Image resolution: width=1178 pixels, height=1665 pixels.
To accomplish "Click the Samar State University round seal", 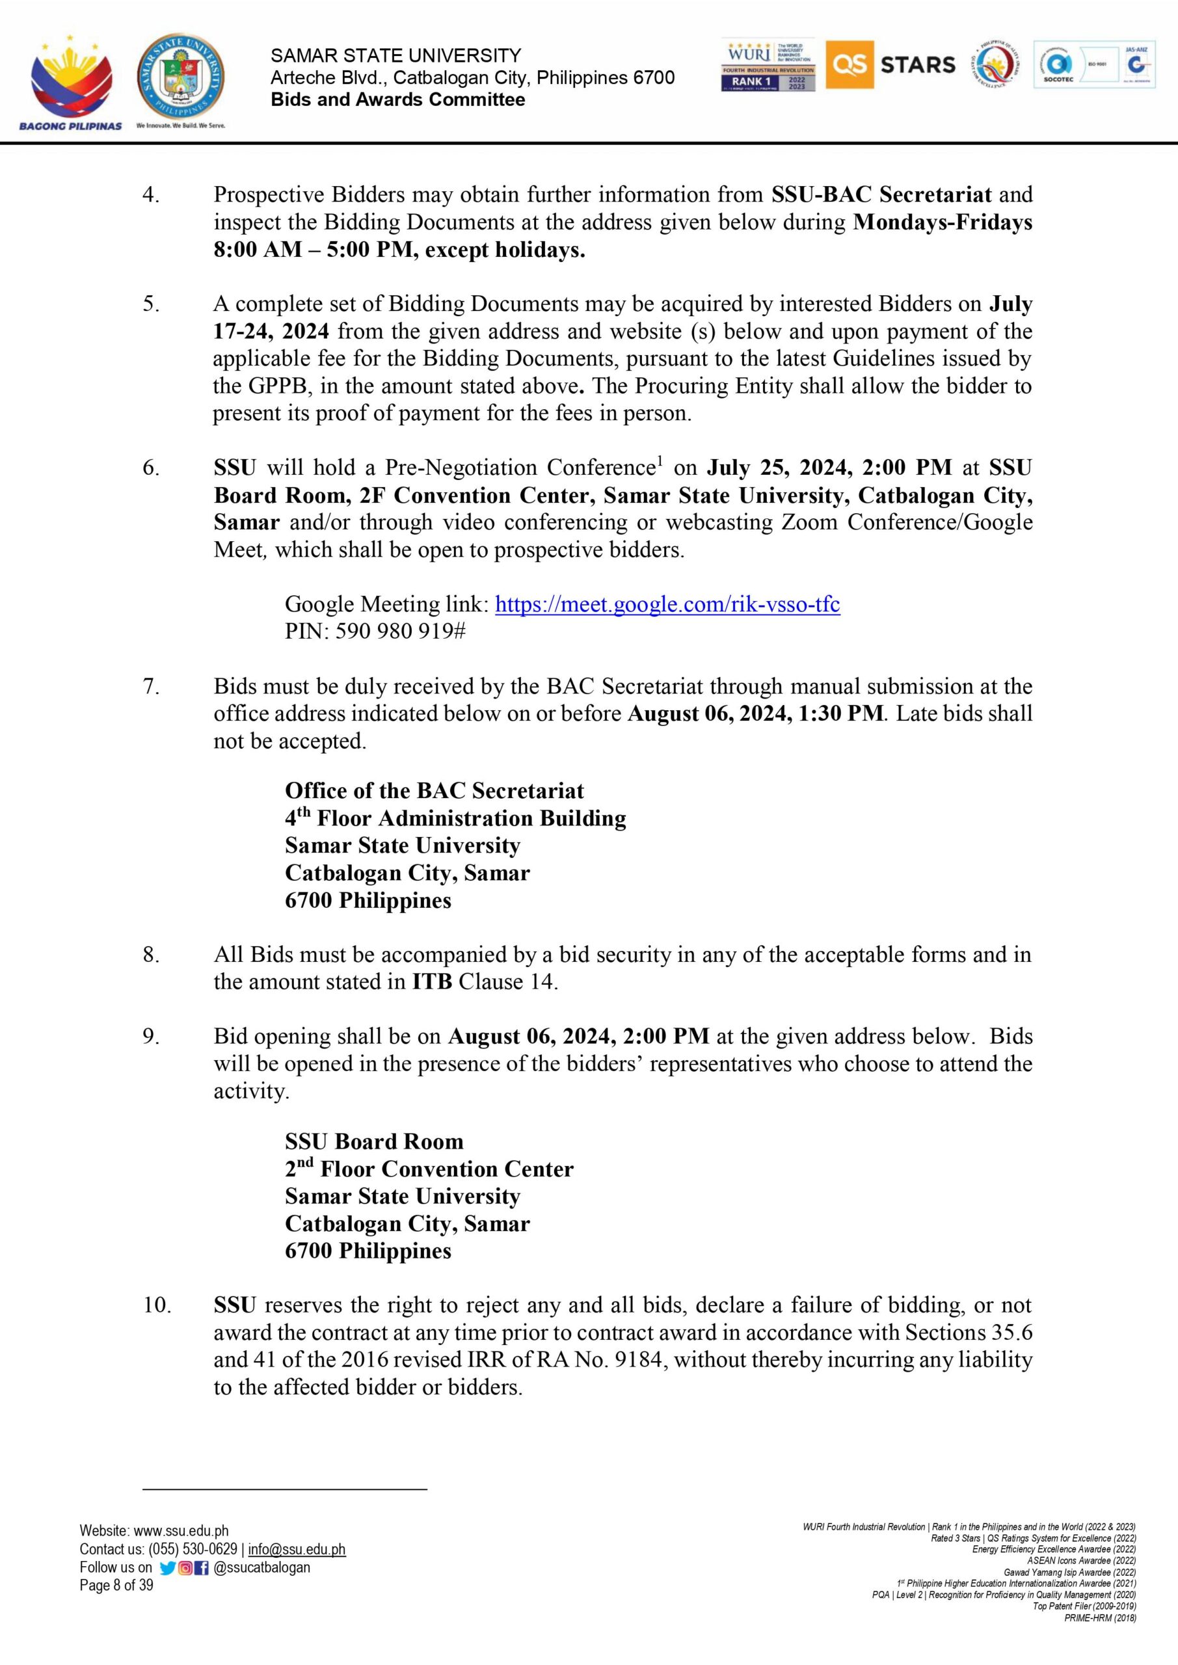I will pyautogui.click(x=181, y=77).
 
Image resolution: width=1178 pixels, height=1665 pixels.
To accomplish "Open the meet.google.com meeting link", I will pyautogui.click(x=667, y=604).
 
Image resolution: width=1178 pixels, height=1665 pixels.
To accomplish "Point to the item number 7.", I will pyautogui.click(x=151, y=686).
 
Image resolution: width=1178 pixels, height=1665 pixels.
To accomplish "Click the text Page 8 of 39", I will pyautogui.click(x=116, y=1585).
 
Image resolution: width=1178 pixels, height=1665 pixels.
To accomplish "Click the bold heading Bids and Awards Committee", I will pyautogui.click(x=397, y=100).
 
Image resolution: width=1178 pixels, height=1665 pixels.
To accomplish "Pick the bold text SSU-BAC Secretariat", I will pyautogui.click(x=881, y=194).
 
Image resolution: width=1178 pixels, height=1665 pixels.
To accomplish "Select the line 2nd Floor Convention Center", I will pyautogui.click(x=429, y=1169).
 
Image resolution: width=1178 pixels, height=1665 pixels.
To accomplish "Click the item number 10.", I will pyautogui.click(x=156, y=1305).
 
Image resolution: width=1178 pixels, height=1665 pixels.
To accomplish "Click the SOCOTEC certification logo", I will pyautogui.click(x=1059, y=65).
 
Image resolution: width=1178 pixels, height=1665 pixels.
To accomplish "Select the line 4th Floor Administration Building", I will pyautogui.click(x=455, y=818).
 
